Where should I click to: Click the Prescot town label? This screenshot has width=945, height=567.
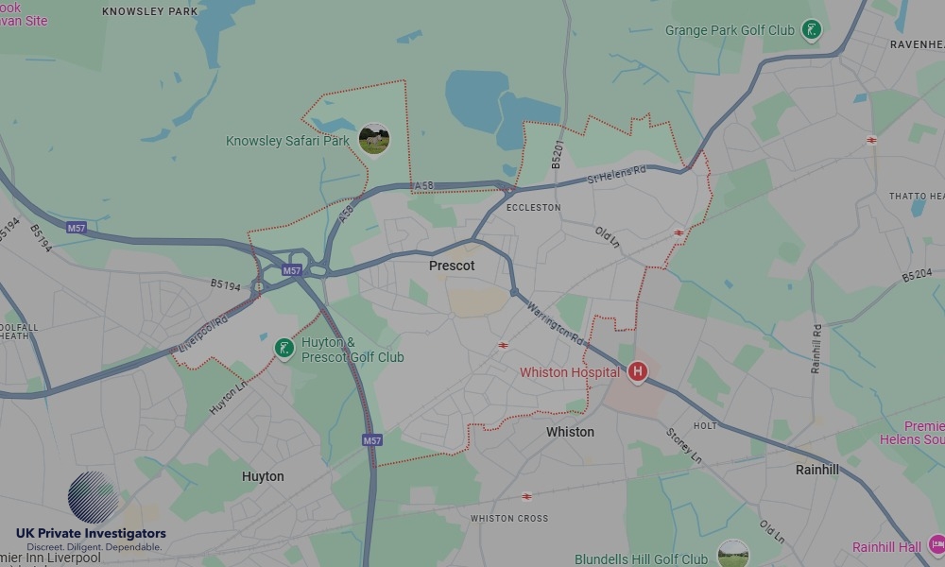[x=452, y=266]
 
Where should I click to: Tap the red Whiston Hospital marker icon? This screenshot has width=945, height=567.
[x=638, y=371]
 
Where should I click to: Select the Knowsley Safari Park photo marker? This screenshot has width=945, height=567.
[x=374, y=140]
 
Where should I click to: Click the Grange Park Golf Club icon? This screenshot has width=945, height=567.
[x=811, y=30]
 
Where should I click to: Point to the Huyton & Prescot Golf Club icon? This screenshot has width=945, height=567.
[x=283, y=349]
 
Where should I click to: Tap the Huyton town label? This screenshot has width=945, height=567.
[x=263, y=476]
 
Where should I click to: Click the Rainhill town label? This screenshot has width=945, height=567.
[x=816, y=470]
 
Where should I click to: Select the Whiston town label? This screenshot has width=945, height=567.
[x=570, y=432]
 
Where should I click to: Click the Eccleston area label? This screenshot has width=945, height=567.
[x=533, y=207]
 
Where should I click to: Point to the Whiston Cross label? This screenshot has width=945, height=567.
[x=509, y=518]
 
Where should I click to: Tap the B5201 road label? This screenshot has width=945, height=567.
[x=558, y=155]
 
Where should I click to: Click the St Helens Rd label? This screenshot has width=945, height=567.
[x=616, y=174]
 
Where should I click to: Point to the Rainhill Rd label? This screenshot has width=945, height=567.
[x=816, y=349]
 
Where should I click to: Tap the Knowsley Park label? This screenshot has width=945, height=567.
[x=149, y=12]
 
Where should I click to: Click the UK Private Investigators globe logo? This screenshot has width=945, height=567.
[x=94, y=497]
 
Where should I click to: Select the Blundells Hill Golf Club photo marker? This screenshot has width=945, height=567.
[x=732, y=553]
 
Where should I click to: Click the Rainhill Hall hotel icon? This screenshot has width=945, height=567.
[x=936, y=544]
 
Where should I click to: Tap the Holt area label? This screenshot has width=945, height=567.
[x=705, y=426]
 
